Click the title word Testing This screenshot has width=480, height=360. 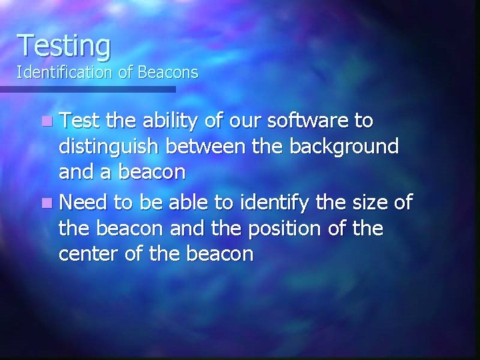click(x=64, y=45)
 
